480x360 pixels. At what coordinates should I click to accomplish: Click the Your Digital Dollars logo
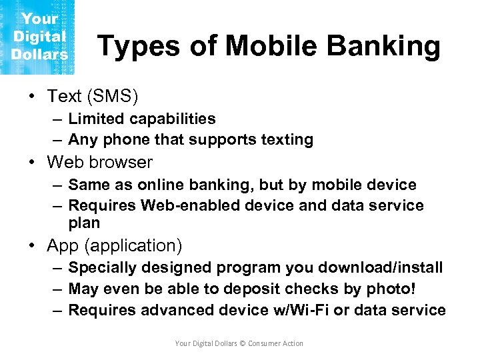click(38, 37)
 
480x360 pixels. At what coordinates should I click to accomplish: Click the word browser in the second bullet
click(123, 162)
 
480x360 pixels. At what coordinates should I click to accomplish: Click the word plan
click(84, 223)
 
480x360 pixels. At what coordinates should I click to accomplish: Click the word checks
click(307, 289)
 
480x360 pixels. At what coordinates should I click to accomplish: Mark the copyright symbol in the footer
click(242, 343)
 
